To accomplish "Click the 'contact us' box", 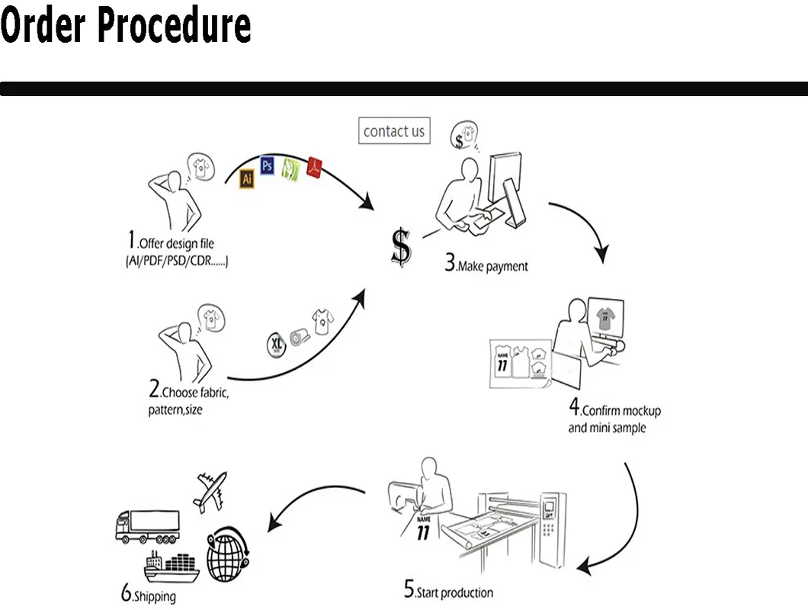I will (x=394, y=131).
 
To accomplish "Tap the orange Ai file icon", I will (x=246, y=179).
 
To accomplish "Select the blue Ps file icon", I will (x=267, y=165).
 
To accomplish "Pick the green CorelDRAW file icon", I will (x=290, y=168).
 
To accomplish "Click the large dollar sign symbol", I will (x=401, y=246).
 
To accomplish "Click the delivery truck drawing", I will (x=146, y=525).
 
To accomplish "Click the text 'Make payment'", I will (x=492, y=267).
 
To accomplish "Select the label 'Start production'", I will (x=454, y=592).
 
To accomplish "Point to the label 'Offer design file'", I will (x=176, y=244).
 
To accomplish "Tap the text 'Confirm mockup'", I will (x=621, y=411).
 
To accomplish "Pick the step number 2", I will (x=154, y=391).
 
